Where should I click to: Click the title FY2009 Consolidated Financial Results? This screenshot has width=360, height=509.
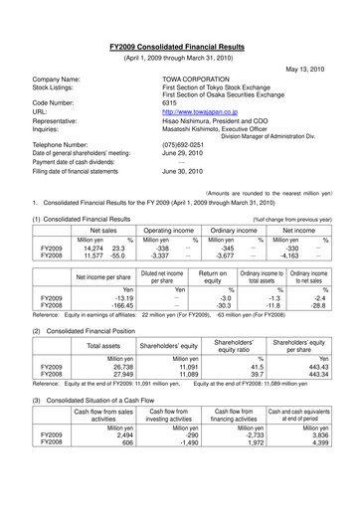point(179,47)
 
